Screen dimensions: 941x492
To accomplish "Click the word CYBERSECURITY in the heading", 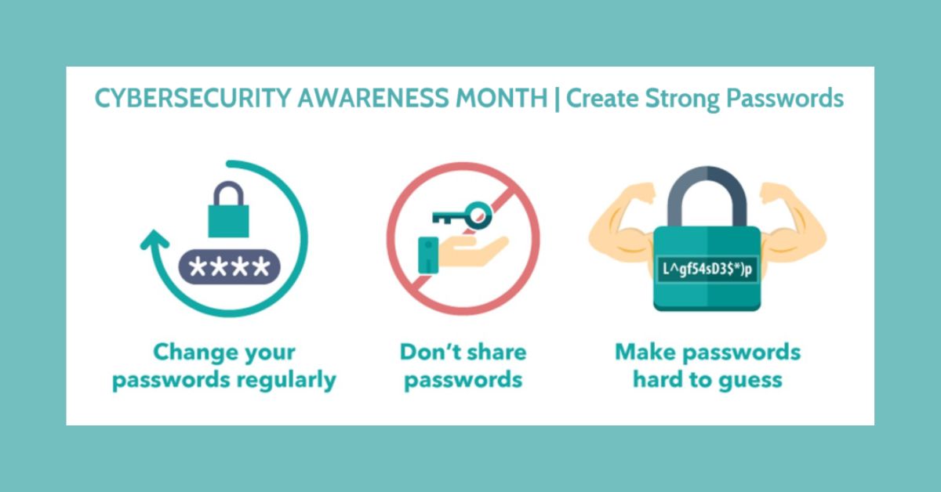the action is point(193,98).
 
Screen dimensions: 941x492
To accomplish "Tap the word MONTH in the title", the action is point(502,98).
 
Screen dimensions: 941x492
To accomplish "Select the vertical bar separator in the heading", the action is point(557,99).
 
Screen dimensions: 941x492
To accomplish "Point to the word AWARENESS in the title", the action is point(373,98).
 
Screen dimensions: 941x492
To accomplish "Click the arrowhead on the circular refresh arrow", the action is point(154,239).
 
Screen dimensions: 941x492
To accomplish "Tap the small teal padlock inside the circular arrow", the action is point(228,209).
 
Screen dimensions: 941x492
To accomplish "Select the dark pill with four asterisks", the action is point(229,267).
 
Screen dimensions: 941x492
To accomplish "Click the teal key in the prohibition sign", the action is point(462,215).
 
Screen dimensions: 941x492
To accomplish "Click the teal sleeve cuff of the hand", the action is point(428,255).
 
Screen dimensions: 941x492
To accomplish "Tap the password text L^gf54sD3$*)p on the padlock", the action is point(707,269).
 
